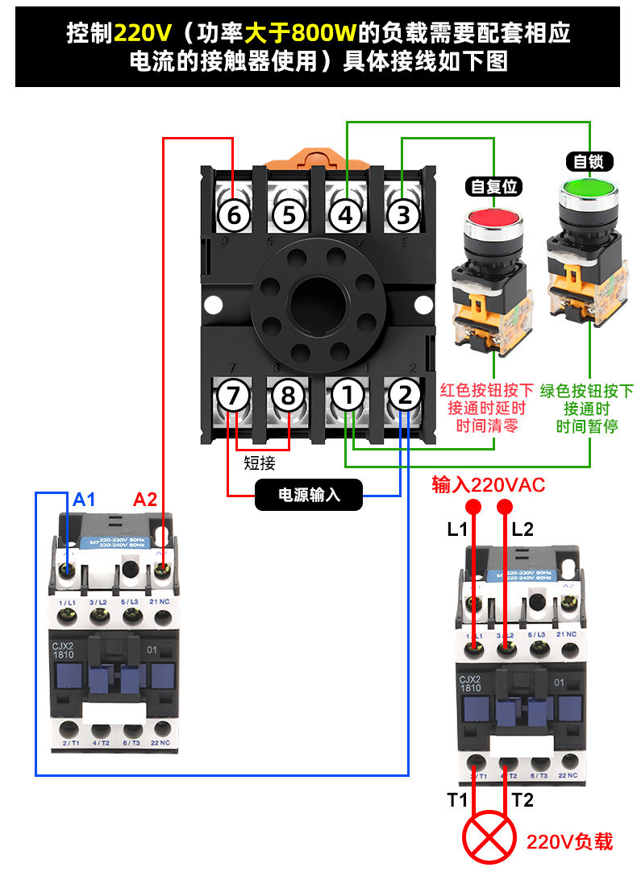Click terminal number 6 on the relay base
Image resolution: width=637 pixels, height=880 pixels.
point(234,215)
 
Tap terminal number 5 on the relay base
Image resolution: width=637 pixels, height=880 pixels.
point(289,215)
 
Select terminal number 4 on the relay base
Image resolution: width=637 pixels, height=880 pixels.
point(345,215)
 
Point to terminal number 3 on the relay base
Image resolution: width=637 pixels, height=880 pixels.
point(403,215)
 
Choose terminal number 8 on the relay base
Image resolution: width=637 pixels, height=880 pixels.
point(289,396)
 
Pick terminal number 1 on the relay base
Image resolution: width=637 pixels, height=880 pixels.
point(348,396)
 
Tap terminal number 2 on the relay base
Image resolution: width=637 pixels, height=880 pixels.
point(405,396)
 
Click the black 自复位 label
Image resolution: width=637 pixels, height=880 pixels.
point(493,186)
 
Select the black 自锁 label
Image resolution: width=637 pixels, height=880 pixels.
point(589,161)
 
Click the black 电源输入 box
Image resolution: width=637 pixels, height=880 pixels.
point(309,495)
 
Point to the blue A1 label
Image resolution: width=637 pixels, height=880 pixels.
point(85,500)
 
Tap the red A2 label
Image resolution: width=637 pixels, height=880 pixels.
point(145,500)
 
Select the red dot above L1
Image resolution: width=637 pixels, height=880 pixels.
point(474,506)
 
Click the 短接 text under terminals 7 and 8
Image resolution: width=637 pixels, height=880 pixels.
point(260,463)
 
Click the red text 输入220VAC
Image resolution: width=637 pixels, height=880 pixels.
point(489,484)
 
